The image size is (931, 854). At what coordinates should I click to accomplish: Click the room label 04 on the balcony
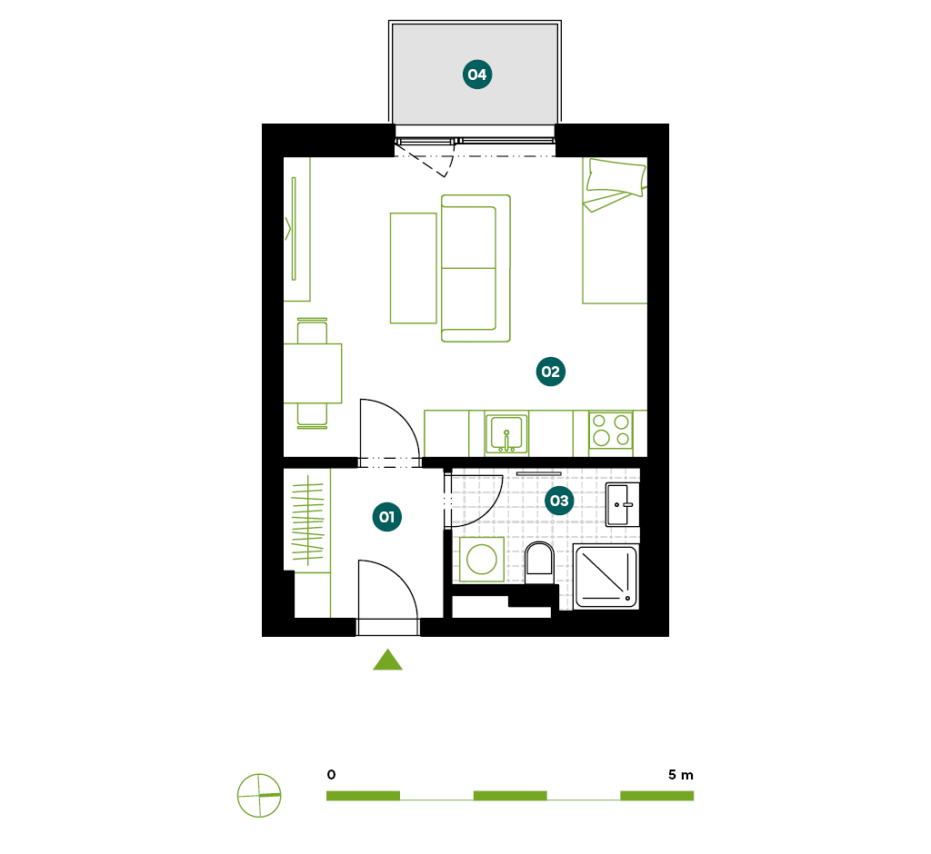477,74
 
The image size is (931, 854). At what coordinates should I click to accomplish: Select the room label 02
550,372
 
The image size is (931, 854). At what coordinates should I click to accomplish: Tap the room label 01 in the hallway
387,517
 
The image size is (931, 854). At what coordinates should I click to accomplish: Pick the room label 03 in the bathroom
559,501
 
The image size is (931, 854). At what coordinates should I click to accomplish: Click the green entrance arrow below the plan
387,660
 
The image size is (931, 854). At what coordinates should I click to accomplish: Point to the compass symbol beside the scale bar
259,795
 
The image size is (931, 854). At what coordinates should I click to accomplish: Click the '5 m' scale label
680,774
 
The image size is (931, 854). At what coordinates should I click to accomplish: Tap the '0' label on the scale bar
331,774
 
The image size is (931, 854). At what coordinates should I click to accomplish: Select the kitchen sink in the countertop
506,433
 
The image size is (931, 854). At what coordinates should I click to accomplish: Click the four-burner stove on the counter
610,431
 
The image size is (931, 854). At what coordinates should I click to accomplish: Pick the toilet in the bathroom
539,561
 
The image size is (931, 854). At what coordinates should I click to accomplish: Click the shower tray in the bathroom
606,577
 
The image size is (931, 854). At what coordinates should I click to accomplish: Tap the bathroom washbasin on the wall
622,504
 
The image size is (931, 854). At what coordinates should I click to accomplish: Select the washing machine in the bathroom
482,560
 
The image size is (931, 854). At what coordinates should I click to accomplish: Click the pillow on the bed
616,177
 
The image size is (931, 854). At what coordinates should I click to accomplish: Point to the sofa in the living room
476,268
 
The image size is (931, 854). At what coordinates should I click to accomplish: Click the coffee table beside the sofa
414,268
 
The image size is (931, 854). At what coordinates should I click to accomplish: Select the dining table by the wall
313,373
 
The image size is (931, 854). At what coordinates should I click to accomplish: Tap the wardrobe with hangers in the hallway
307,521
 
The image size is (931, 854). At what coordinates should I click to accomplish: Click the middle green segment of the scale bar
510,795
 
